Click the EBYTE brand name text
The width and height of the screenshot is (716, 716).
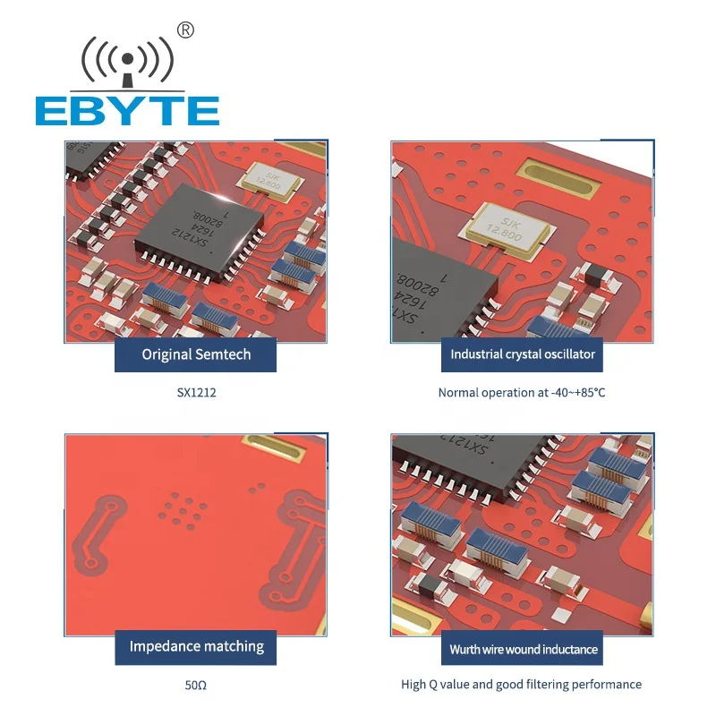[x=127, y=110]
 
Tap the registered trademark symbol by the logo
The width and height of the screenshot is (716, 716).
[x=186, y=30]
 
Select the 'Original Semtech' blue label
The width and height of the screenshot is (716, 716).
[x=196, y=354]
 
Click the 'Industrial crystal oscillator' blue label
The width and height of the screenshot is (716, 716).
[x=523, y=354]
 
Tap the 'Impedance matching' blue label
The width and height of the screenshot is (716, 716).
[x=196, y=646]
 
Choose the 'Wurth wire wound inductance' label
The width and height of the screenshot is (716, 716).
[x=524, y=649]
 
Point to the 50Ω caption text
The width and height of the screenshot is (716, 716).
[x=196, y=685]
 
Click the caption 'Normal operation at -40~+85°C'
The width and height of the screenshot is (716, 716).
[x=522, y=392]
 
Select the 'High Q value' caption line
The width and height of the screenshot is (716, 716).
[x=521, y=685]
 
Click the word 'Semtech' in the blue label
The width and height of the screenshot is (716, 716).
[x=223, y=354]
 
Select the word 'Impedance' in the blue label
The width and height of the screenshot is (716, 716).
[x=162, y=646]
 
